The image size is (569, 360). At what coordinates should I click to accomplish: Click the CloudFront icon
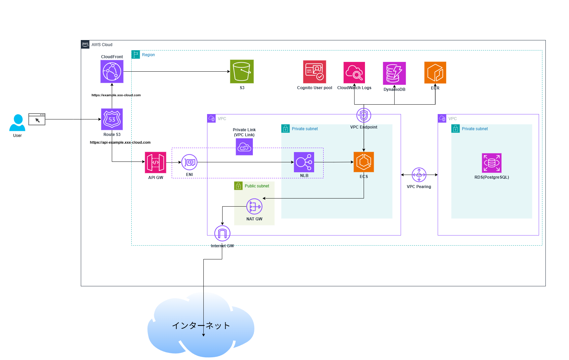tap(112, 71)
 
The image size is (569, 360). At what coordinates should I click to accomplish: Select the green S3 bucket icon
tap(242, 71)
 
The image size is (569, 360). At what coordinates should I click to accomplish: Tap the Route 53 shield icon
tap(112, 119)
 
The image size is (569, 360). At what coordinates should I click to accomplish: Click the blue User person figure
tap(17, 123)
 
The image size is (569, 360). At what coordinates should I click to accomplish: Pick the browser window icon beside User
tap(37, 119)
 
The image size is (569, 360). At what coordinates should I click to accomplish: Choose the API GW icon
tap(156, 162)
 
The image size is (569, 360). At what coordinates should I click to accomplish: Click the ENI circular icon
tap(189, 162)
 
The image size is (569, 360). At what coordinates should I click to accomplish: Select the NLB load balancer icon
tap(304, 162)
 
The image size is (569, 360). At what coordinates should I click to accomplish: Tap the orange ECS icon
tap(364, 162)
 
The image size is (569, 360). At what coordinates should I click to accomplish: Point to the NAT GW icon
tap(254, 206)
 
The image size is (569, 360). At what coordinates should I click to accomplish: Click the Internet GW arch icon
tap(222, 233)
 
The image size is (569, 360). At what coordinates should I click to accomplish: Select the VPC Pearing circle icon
tap(419, 175)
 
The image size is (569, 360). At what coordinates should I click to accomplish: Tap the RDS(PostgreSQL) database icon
tap(492, 163)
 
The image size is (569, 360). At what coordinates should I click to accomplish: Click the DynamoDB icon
tap(394, 73)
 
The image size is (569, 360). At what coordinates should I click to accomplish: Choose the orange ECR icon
tap(435, 72)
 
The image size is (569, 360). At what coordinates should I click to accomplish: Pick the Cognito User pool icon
tap(314, 72)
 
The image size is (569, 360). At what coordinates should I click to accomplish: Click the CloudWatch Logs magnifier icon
tap(354, 72)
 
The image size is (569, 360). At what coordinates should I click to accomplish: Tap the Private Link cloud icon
tap(244, 147)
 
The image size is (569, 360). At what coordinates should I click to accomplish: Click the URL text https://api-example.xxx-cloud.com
tap(120, 142)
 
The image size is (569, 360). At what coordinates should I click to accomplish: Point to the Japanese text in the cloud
tap(201, 325)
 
